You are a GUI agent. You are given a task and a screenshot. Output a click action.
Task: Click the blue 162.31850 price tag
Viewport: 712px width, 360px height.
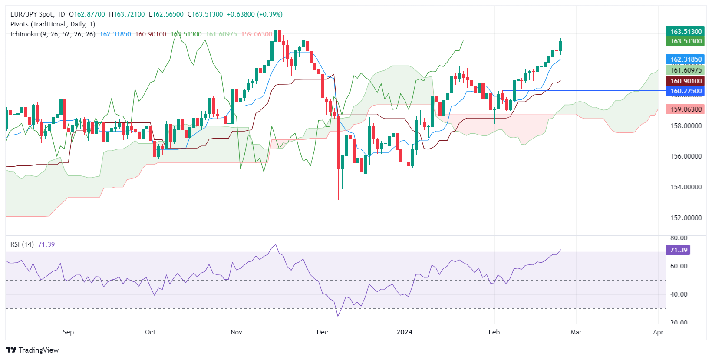(686, 59)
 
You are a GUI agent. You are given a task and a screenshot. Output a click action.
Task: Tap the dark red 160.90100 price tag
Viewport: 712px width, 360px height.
(686, 81)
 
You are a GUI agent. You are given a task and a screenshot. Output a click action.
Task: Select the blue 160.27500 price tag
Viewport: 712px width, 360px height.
(686, 91)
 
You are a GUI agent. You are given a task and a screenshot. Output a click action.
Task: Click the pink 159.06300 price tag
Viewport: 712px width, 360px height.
(686, 109)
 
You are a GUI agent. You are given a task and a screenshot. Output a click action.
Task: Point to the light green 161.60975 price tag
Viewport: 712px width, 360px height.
(686, 70)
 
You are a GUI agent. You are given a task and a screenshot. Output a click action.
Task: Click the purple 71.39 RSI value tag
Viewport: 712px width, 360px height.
(678, 250)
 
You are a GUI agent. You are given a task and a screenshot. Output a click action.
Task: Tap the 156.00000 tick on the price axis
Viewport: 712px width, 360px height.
(686, 156)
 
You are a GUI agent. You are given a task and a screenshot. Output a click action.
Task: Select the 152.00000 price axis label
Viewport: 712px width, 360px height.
(686, 218)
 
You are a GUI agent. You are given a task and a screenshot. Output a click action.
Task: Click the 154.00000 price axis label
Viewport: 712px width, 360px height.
(686, 187)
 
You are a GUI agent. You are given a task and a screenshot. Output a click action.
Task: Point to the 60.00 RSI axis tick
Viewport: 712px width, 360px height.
(679, 266)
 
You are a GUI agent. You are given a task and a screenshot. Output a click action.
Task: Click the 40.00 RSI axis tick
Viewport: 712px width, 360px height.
(679, 294)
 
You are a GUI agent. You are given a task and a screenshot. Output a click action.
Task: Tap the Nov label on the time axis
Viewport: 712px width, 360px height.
(236, 332)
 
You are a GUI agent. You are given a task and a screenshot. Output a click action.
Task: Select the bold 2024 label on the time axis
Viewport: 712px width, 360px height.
(405, 332)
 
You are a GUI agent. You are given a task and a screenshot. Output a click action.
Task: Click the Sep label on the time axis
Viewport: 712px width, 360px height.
(68, 332)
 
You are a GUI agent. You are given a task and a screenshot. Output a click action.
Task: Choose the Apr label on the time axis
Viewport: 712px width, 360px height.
(658, 332)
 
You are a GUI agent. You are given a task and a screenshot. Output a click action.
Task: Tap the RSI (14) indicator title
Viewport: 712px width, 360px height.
(22, 244)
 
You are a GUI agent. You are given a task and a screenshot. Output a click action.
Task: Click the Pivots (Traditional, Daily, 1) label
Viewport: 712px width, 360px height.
(53, 24)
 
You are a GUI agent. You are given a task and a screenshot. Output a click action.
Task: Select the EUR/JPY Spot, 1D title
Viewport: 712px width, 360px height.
(38, 14)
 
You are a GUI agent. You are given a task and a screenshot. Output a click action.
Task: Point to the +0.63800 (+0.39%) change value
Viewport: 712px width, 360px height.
(255, 14)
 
